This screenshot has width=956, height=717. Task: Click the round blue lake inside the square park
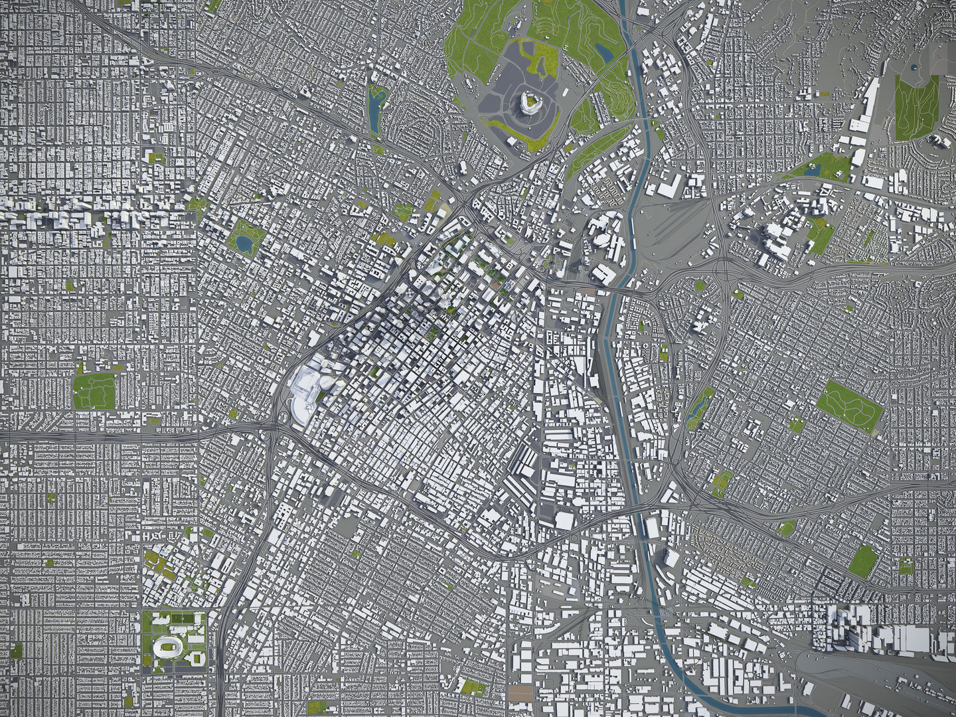pyautogui.click(x=244, y=244)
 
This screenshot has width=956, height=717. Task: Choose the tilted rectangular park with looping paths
pyautogui.click(x=850, y=405)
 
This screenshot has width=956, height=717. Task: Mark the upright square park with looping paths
pyautogui.click(x=94, y=391)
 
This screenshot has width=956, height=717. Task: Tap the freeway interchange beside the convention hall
pyautogui.click(x=273, y=425)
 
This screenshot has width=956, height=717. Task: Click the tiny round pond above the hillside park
pyautogui.click(x=914, y=67)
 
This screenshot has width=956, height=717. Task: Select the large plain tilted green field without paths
pyautogui.click(x=863, y=561)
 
